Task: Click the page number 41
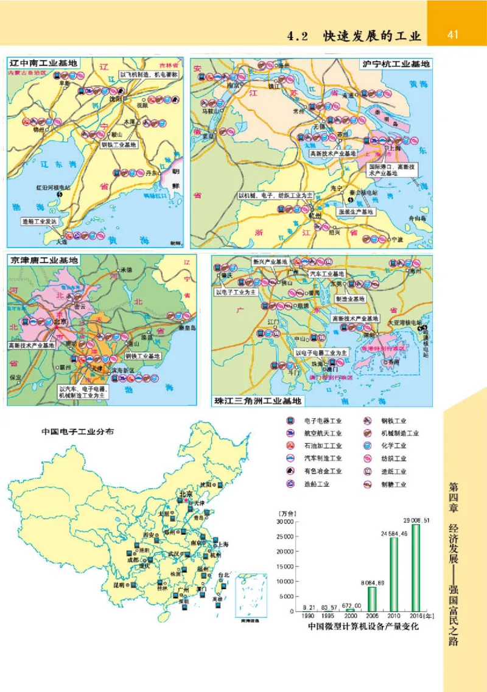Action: point(452,35)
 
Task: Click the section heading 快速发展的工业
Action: point(372,36)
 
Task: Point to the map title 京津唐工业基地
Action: point(44,260)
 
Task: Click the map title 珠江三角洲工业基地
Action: point(258,401)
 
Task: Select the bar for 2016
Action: point(416,568)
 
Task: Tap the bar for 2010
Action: point(394,574)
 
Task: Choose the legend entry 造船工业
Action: point(317,484)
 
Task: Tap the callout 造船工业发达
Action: point(38,221)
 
